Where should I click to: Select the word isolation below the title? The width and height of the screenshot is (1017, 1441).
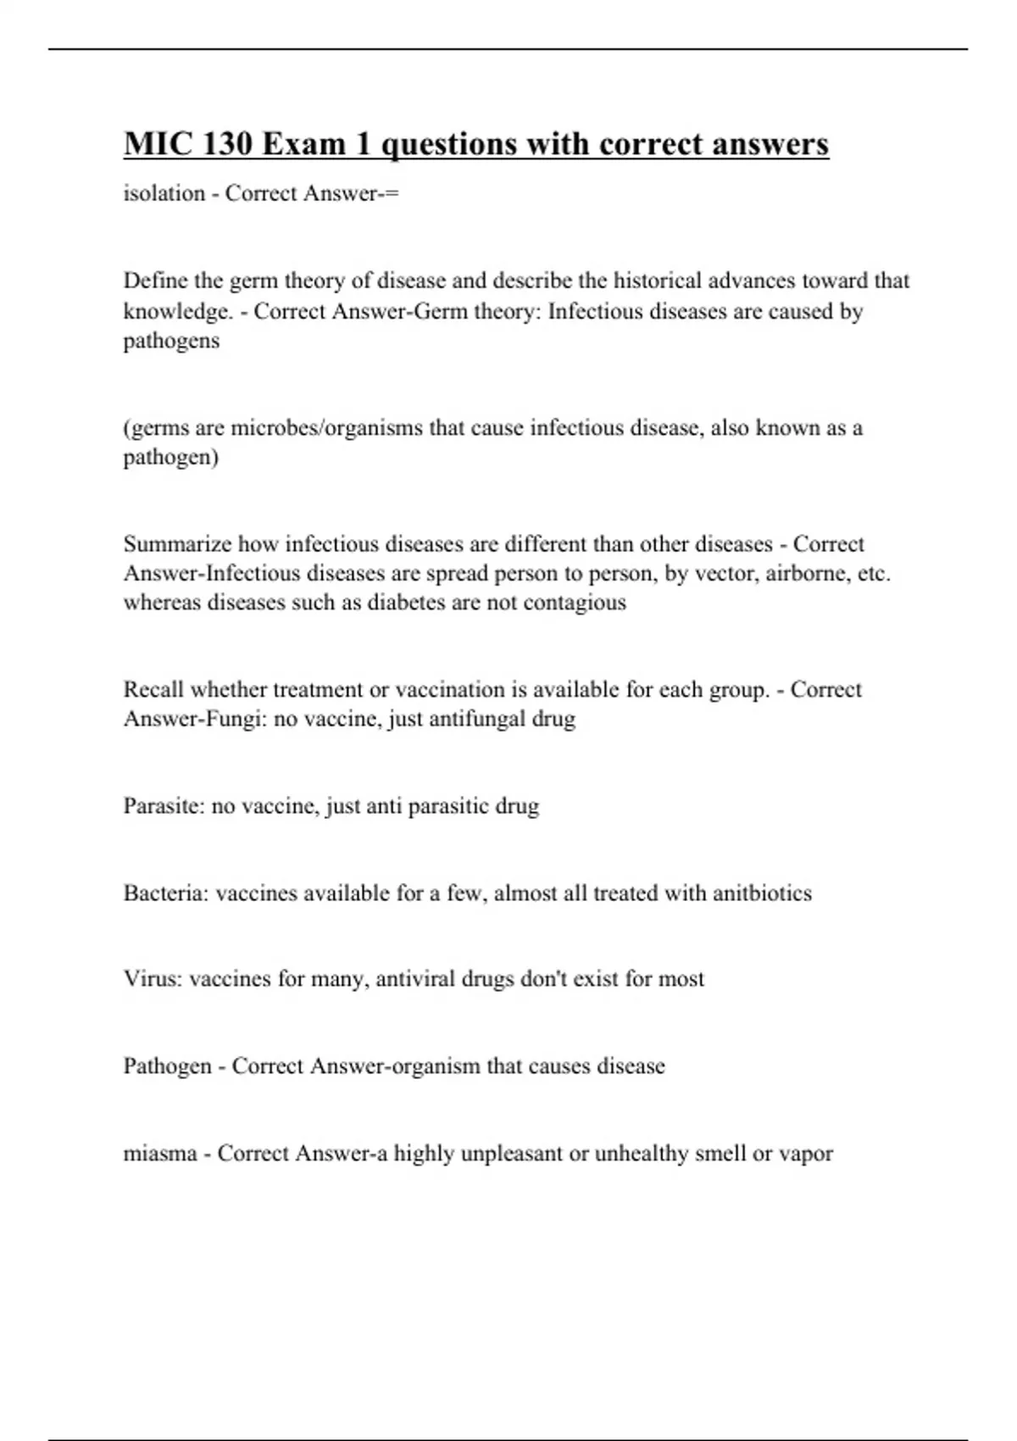(164, 193)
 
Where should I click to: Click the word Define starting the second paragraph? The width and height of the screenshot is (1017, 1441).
(150, 281)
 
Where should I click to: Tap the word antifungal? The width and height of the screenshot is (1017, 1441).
(477, 719)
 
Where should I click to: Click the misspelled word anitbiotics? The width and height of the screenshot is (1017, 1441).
(762, 893)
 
